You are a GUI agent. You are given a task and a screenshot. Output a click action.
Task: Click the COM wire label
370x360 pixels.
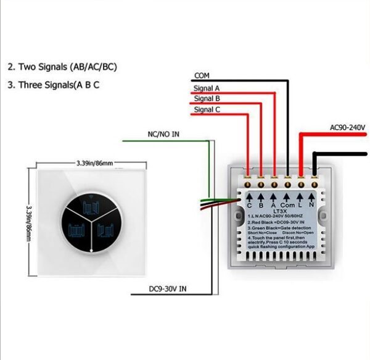202,75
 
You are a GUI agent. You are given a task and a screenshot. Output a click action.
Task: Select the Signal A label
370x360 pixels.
207,88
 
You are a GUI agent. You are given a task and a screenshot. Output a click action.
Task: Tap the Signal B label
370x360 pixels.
207,98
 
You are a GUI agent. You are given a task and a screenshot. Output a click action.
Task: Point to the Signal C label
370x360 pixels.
207,110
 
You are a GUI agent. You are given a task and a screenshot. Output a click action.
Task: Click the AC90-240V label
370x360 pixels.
347,127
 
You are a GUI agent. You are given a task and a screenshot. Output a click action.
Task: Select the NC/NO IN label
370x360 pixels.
163,133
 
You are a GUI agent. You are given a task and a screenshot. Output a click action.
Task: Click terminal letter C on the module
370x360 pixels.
249,204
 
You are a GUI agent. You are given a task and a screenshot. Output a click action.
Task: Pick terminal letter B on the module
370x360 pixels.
261,204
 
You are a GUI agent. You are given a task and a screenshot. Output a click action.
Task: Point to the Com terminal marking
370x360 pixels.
287,204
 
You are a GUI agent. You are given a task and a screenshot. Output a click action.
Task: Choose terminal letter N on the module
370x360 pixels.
311,204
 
